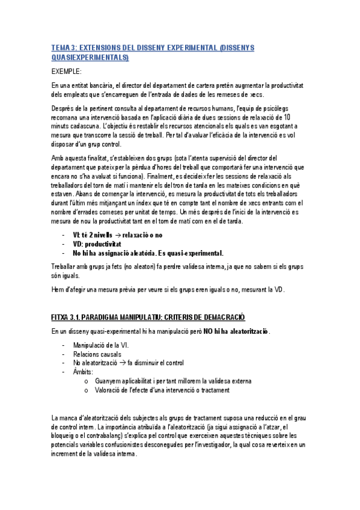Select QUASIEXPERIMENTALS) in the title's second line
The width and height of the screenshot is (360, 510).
pyautogui.click(x=90, y=57)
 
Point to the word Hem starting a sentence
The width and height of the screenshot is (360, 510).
pyautogui.click(x=58, y=289)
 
